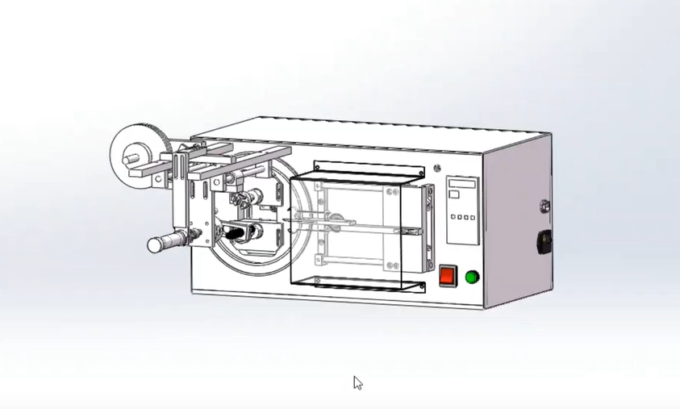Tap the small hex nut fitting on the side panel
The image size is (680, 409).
pos(544,205)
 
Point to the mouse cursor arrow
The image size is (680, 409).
pos(357,382)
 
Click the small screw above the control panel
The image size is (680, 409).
pos(437,169)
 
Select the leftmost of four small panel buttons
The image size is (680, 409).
pos(453,217)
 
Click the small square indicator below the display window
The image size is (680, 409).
pos(454,194)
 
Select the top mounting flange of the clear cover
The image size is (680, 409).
pos(368,168)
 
